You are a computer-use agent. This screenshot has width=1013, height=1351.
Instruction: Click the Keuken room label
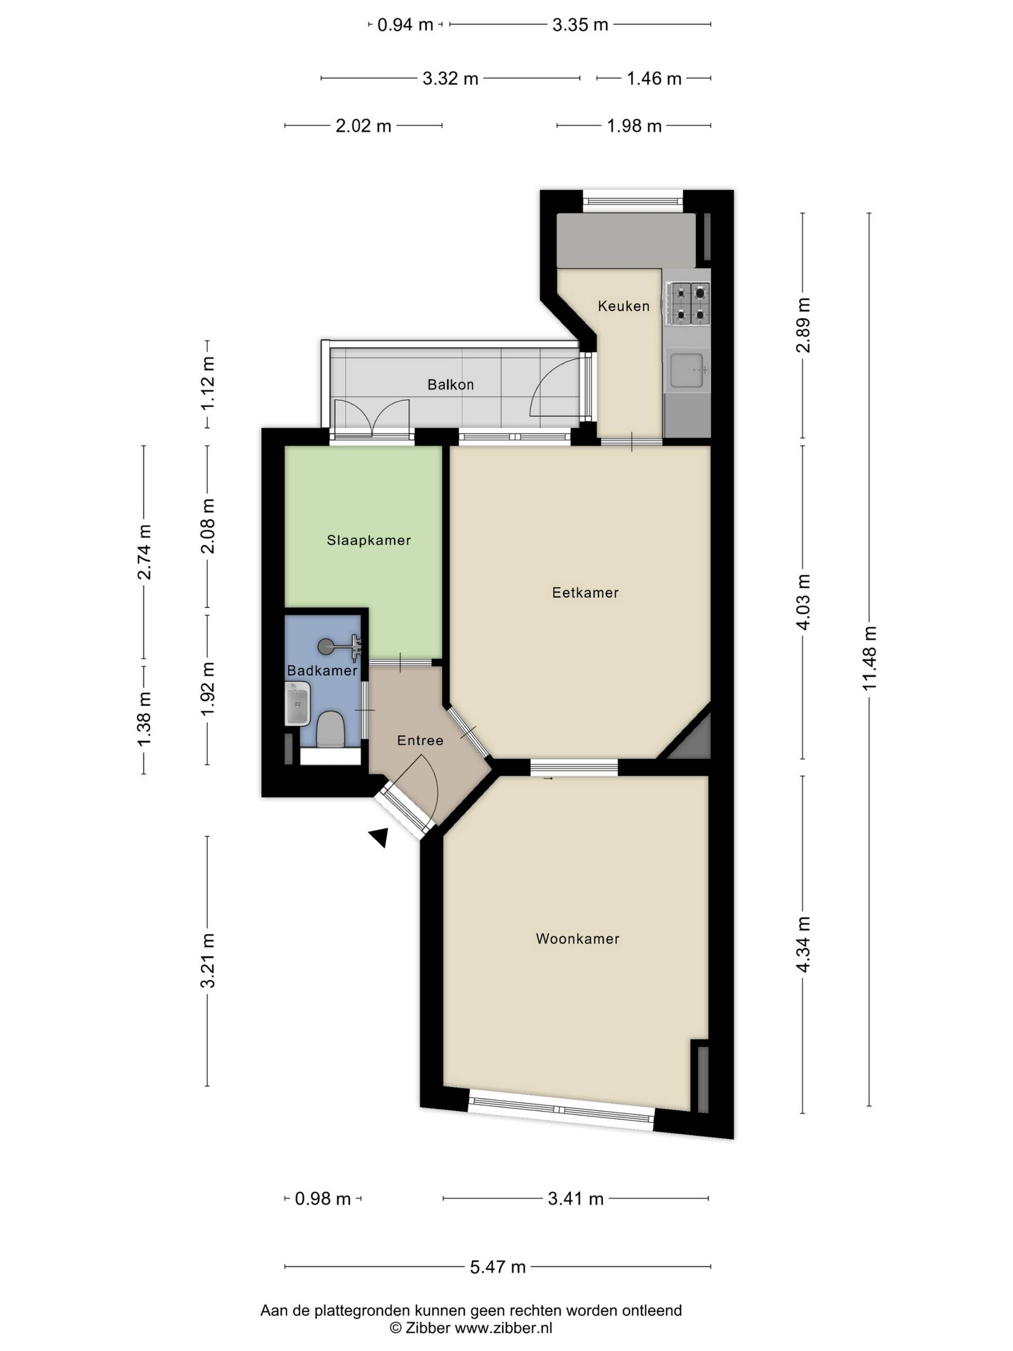(624, 306)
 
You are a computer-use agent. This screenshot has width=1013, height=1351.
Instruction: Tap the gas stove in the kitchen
(690, 303)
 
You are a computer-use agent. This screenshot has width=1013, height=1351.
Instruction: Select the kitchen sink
(687, 370)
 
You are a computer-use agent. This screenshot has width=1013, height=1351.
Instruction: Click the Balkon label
(451, 384)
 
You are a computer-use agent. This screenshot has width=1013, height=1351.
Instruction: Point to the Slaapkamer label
(369, 540)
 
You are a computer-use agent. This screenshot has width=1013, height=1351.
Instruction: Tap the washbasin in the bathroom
(298, 704)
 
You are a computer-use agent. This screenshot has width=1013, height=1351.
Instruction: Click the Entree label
(420, 740)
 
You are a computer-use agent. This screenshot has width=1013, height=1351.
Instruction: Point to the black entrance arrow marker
(380, 838)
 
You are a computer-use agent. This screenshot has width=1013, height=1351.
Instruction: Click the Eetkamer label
(585, 593)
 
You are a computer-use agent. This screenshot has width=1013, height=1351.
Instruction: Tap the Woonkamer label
(578, 939)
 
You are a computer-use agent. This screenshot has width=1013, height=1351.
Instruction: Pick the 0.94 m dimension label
(405, 25)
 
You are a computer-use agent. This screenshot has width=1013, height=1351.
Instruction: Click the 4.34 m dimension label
(803, 944)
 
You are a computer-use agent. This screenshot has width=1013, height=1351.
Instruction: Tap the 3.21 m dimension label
(207, 960)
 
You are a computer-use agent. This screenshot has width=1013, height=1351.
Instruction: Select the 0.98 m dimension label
(323, 1198)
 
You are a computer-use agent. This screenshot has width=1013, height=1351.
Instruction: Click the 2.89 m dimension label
(803, 325)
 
